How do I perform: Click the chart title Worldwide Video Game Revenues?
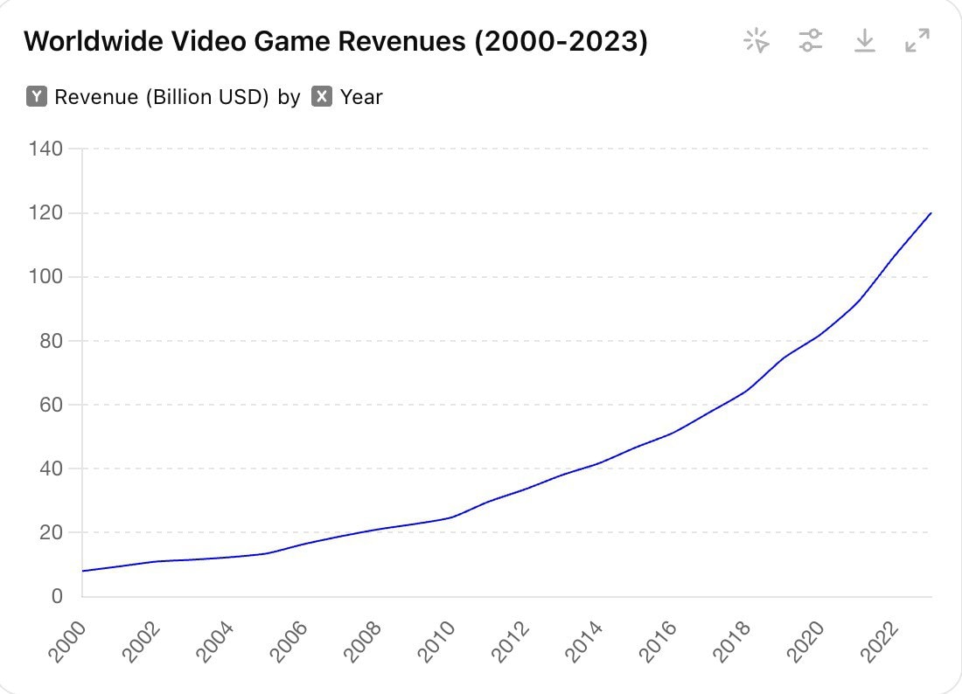pos(335,41)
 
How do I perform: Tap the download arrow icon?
pos(864,40)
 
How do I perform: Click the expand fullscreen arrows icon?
pos(917,40)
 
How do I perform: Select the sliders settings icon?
pos(811,40)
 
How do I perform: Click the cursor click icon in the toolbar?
pos(756,40)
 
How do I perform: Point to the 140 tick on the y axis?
pos(45,149)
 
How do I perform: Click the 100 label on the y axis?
pos(45,277)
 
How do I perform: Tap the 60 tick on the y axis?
pos(52,405)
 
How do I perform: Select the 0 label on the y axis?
pos(57,596)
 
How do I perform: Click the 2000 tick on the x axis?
pos(68,640)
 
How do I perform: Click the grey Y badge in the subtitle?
pos(36,97)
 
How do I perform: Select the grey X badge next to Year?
pos(322,97)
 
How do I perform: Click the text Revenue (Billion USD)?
pos(161,97)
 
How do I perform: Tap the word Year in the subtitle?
pos(361,97)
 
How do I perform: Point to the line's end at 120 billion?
pos(931,213)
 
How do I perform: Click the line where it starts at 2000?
pos(83,571)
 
